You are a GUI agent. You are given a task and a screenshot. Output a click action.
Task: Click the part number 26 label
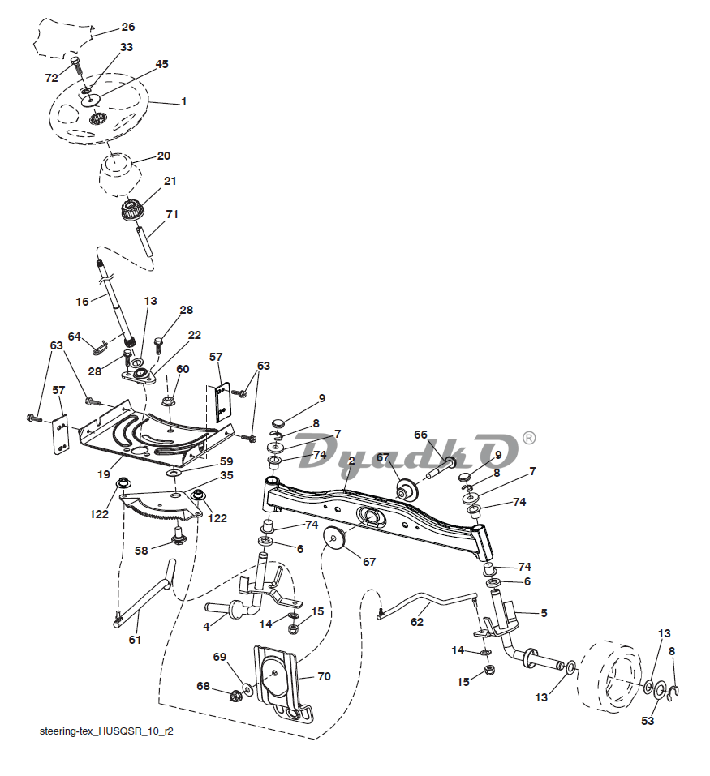[128, 28]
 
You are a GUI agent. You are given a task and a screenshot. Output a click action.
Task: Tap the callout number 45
[161, 64]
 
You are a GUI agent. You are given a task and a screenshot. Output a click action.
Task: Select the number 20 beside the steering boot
[163, 156]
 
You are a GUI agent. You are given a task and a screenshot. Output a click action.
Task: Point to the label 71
[172, 214]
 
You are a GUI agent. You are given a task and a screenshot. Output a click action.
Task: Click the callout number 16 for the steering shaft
[82, 302]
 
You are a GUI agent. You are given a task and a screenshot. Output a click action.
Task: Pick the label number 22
[195, 335]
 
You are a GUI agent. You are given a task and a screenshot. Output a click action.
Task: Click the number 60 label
[183, 369]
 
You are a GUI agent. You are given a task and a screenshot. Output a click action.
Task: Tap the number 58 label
[142, 551]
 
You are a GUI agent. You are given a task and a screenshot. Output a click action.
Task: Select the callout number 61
[135, 641]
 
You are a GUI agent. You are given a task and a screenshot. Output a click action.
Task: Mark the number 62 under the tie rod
[417, 623]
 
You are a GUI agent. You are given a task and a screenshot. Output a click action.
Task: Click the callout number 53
[648, 721]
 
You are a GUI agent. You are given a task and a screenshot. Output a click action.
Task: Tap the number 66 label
[420, 435]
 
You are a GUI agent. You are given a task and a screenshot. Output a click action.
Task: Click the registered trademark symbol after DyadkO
[528, 438]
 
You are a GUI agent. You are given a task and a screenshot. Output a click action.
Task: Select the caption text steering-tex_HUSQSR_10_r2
[106, 731]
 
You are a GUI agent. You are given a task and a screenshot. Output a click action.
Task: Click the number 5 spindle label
[543, 613]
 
